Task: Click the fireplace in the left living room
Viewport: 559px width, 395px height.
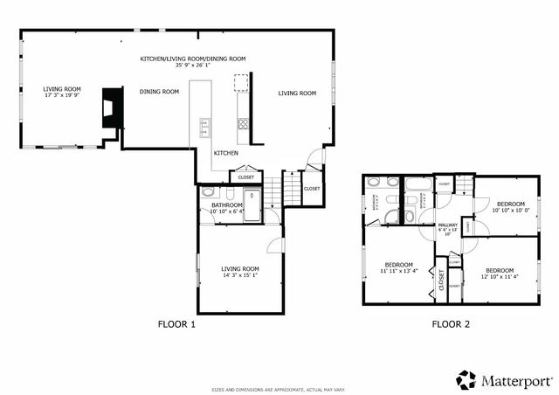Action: pyautogui.click(x=111, y=108)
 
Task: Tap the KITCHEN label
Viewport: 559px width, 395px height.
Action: pyautogui.click(x=226, y=152)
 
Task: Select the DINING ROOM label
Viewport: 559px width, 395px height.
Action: pyautogui.click(x=159, y=92)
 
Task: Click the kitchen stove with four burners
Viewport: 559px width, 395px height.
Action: pyautogui.click(x=244, y=124)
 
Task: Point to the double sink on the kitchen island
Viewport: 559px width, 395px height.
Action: pyautogui.click(x=205, y=128)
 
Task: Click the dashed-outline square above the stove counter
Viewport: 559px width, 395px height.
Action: pyautogui.click(x=240, y=83)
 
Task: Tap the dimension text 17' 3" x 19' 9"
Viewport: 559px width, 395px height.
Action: pyautogui.click(x=62, y=96)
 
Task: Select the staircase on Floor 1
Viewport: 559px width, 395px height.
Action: pyautogui.click(x=275, y=188)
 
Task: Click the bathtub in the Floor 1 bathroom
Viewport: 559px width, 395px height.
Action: pyautogui.click(x=253, y=206)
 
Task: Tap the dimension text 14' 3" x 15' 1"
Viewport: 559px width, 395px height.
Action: pyautogui.click(x=239, y=277)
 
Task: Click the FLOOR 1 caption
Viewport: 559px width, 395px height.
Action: pyautogui.click(x=176, y=324)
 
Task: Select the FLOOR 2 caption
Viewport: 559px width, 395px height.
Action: pyautogui.click(x=451, y=324)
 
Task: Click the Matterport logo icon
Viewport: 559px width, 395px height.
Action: pyautogui.click(x=466, y=379)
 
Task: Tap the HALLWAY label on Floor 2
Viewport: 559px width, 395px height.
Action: pyautogui.click(x=447, y=225)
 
